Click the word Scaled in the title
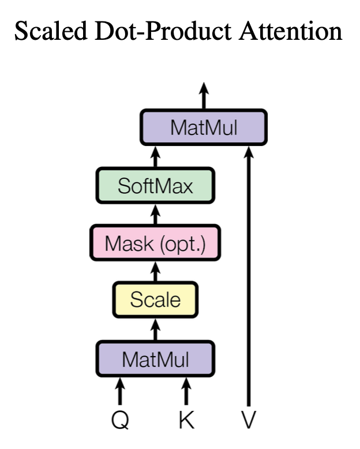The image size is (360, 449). pyautogui.click(x=51, y=31)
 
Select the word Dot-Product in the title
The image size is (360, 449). pyautogui.click(x=163, y=31)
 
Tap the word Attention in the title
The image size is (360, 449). pyautogui.click(x=290, y=31)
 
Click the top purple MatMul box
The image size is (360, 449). pyautogui.click(x=204, y=127)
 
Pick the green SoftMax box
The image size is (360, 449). pyautogui.click(x=155, y=186)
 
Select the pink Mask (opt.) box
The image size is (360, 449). pyautogui.click(x=155, y=243)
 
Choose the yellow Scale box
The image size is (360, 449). pyautogui.click(x=155, y=300)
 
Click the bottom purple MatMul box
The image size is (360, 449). pyautogui.click(x=155, y=359)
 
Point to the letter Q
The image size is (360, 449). pyautogui.click(x=120, y=420)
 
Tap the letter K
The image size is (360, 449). pyautogui.click(x=186, y=420)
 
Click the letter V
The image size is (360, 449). pyautogui.click(x=249, y=420)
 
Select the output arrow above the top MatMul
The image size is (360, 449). pyautogui.click(x=204, y=96)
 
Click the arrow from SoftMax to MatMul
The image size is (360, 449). pyautogui.click(x=155, y=156)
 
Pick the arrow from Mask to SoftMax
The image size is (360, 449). pyautogui.click(x=155, y=214)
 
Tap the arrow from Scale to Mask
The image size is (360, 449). pyautogui.click(x=155, y=271)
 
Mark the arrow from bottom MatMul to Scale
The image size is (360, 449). pyautogui.click(x=155, y=330)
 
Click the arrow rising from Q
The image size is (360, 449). pyautogui.click(x=120, y=391)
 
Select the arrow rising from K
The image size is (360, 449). pyautogui.click(x=186, y=391)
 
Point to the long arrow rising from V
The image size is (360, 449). pyautogui.click(x=249, y=276)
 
